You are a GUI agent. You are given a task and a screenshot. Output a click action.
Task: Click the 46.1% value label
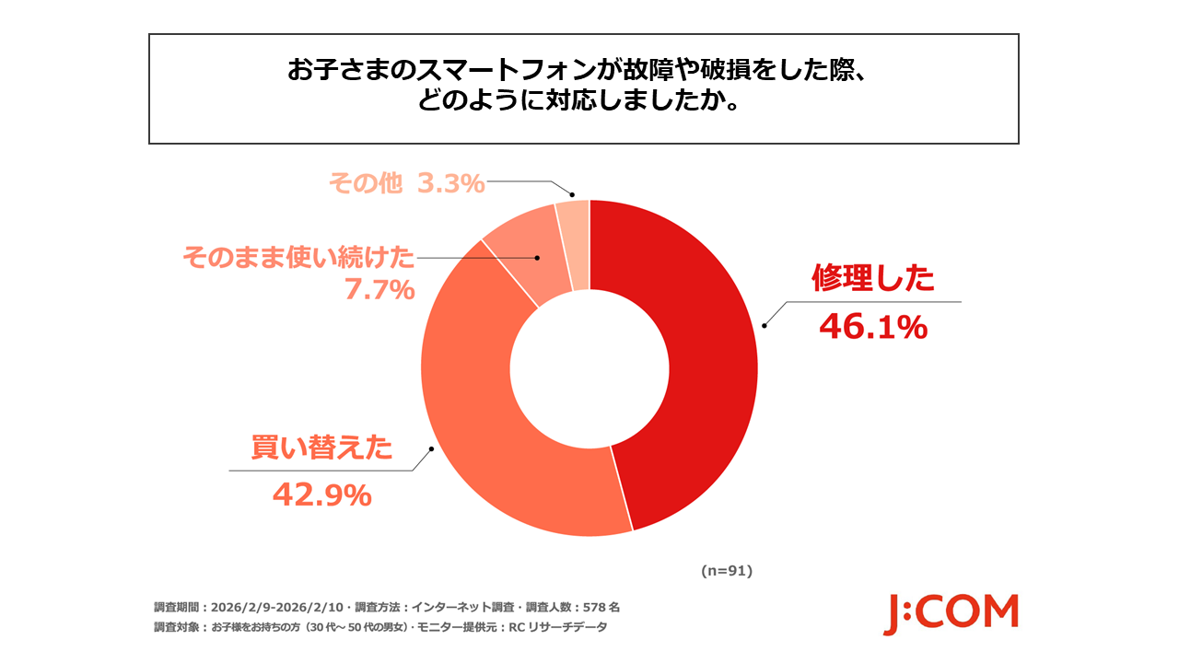point(872,327)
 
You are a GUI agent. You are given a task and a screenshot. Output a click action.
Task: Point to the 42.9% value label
point(321,495)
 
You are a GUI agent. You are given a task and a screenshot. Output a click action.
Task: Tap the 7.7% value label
point(379,290)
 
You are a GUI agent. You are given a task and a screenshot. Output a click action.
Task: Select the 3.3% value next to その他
point(450,184)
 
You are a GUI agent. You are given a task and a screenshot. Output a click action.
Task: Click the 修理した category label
point(872,278)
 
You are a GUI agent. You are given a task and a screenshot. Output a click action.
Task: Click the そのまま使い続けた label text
point(298,257)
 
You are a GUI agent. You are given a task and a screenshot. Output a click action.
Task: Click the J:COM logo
point(951,613)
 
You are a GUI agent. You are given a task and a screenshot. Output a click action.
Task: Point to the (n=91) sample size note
point(727,571)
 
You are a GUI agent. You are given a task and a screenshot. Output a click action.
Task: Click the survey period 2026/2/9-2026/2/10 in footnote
point(277,608)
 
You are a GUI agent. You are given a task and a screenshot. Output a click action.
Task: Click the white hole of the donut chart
point(589,368)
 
